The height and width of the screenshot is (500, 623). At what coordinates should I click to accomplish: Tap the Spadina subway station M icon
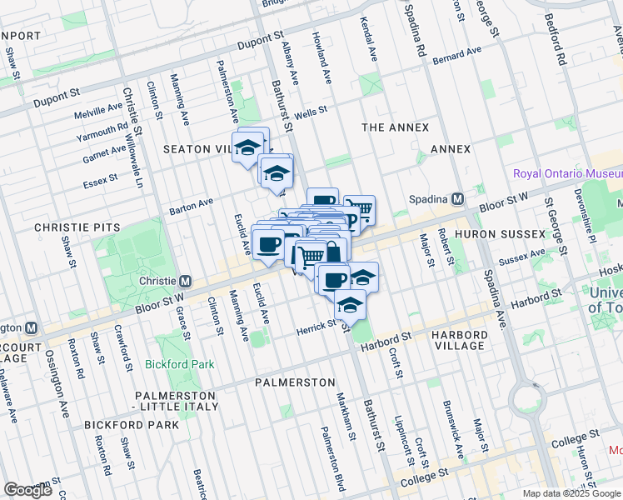coord(457,199)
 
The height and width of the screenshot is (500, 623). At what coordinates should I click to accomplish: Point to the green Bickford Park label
coord(180,364)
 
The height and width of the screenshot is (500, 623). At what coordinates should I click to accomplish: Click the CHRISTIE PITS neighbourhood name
coord(77,227)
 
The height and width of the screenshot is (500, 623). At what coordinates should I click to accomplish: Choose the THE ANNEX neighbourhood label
coord(395,127)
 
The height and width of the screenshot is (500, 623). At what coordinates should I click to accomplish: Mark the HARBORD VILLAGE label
coord(459,340)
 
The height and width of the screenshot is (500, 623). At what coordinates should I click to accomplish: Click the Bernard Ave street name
coord(457,52)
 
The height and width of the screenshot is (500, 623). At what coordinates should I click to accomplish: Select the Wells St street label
coord(311,111)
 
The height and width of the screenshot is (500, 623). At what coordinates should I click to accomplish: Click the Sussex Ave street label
coord(521,256)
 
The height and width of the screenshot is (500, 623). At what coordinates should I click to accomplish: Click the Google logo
coord(28,489)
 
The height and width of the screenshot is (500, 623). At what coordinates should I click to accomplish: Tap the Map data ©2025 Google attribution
coord(571,493)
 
